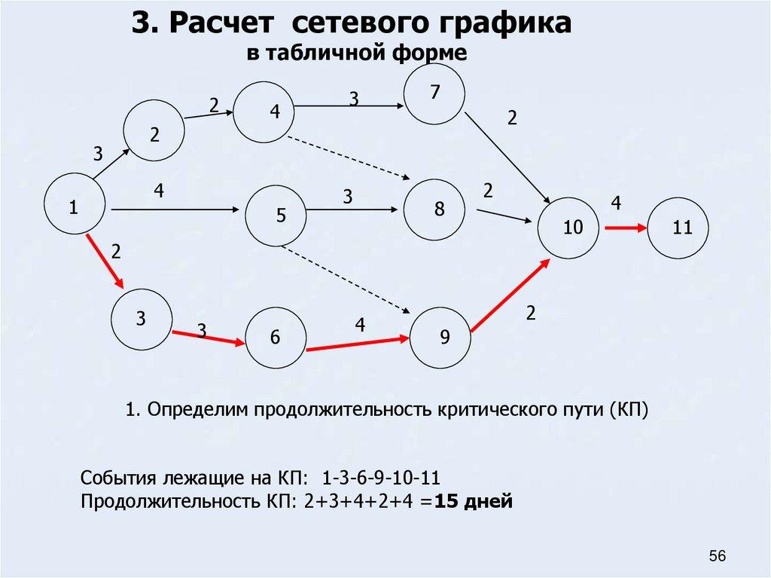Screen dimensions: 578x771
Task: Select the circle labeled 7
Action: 434,93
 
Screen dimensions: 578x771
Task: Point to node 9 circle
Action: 441,338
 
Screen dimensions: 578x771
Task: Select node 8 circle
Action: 436,209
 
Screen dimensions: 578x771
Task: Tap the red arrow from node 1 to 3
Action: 105,261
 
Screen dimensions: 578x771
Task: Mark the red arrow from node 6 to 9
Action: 358,344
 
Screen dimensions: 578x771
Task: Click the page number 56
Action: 717,556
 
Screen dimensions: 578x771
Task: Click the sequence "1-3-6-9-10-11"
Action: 381,479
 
